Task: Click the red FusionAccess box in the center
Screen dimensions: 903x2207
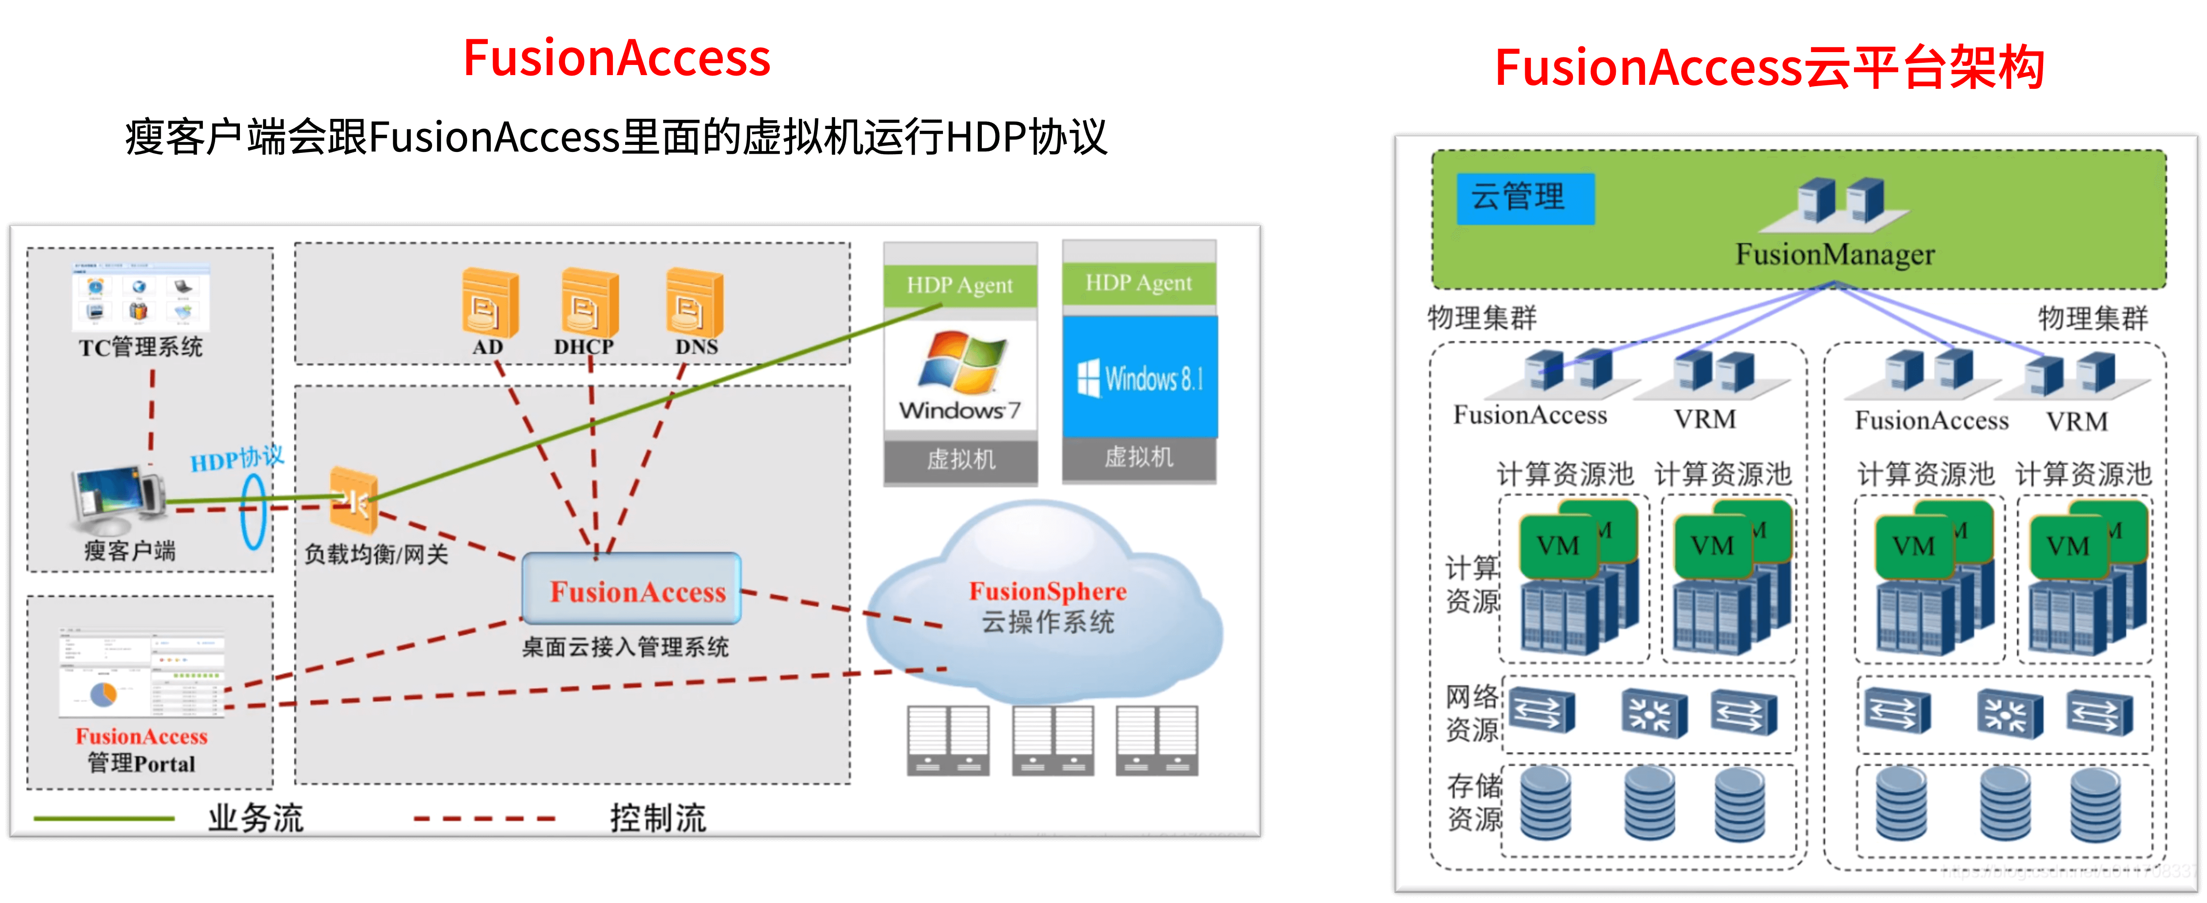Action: (632, 589)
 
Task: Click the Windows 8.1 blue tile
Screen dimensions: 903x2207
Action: (1140, 377)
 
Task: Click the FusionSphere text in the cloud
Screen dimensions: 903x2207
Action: (1047, 591)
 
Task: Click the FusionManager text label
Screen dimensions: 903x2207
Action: (1835, 254)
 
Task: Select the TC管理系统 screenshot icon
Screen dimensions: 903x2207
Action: (141, 296)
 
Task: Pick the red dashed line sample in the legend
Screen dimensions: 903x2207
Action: (484, 818)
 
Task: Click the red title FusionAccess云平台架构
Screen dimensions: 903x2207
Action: (1769, 67)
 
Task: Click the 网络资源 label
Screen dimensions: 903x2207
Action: (1472, 712)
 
